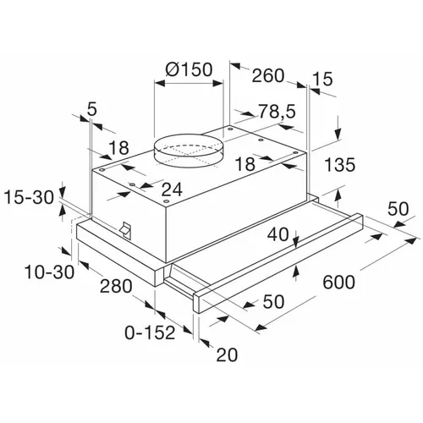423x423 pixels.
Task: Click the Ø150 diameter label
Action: coord(189,69)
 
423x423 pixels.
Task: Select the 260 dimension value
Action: coord(267,75)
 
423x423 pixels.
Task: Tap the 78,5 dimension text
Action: coord(277,111)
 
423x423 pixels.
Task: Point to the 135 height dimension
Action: coord(339,164)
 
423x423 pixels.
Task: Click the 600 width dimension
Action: coord(338,282)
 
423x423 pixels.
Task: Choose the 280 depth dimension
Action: coord(116,286)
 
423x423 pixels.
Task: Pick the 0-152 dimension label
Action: coord(150,332)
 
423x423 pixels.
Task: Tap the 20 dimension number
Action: coord(227,354)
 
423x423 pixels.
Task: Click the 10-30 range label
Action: coord(50,272)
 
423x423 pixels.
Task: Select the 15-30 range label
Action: coord(29,197)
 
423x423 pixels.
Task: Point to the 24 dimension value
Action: coord(172,190)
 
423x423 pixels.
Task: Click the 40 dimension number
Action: coord(278,234)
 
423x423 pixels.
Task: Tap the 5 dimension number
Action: coord(92,109)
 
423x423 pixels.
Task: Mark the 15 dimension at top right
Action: coord(323,79)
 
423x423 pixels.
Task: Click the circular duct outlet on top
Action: coord(189,151)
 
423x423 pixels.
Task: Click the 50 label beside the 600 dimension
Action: coord(398,209)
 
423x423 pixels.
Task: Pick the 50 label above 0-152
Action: coord(273,302)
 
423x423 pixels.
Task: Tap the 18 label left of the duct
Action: coord(119,147)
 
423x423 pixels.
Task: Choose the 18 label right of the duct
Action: coord(245,163)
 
